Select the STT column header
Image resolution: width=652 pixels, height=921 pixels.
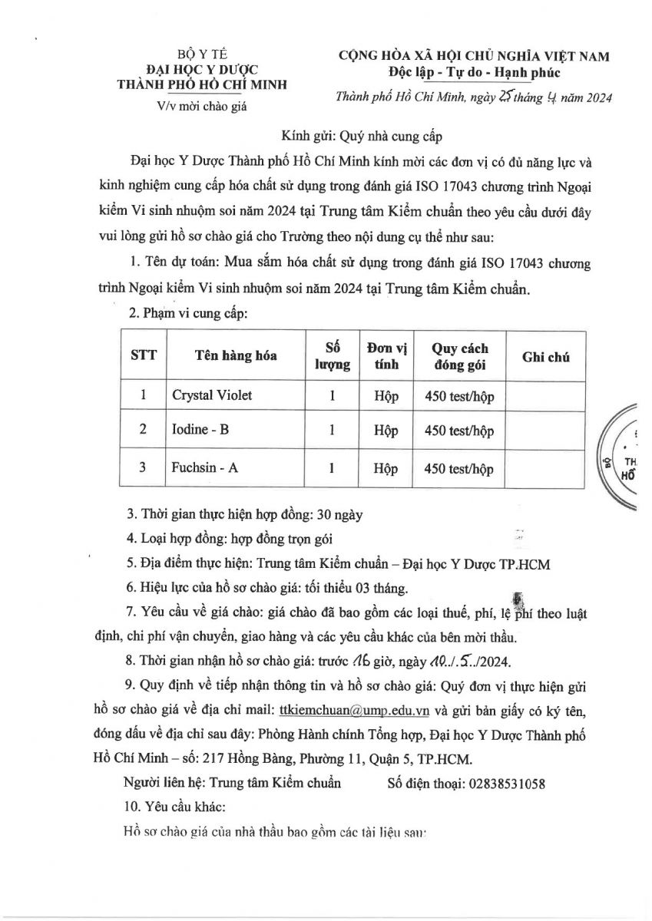pyautogui.click(x=144, y=355)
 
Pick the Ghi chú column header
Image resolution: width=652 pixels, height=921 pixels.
pyautogui.click(x=545, y=355)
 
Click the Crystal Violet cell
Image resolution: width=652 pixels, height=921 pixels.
pyautogui.click(x=212, y=395)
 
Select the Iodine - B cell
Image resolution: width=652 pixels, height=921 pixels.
pyautogui.click(x=200, y=430)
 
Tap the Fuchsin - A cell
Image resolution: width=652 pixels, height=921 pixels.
pyautogui.click(x=204, y=467)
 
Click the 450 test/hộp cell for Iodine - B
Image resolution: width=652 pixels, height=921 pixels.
pyautogui.click(x=458, y=431)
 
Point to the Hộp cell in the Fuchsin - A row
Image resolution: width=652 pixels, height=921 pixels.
pyautogui.click(x=386, y=467)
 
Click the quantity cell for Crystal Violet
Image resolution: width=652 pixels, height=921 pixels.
pyautogui.click(x=332, y=396)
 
